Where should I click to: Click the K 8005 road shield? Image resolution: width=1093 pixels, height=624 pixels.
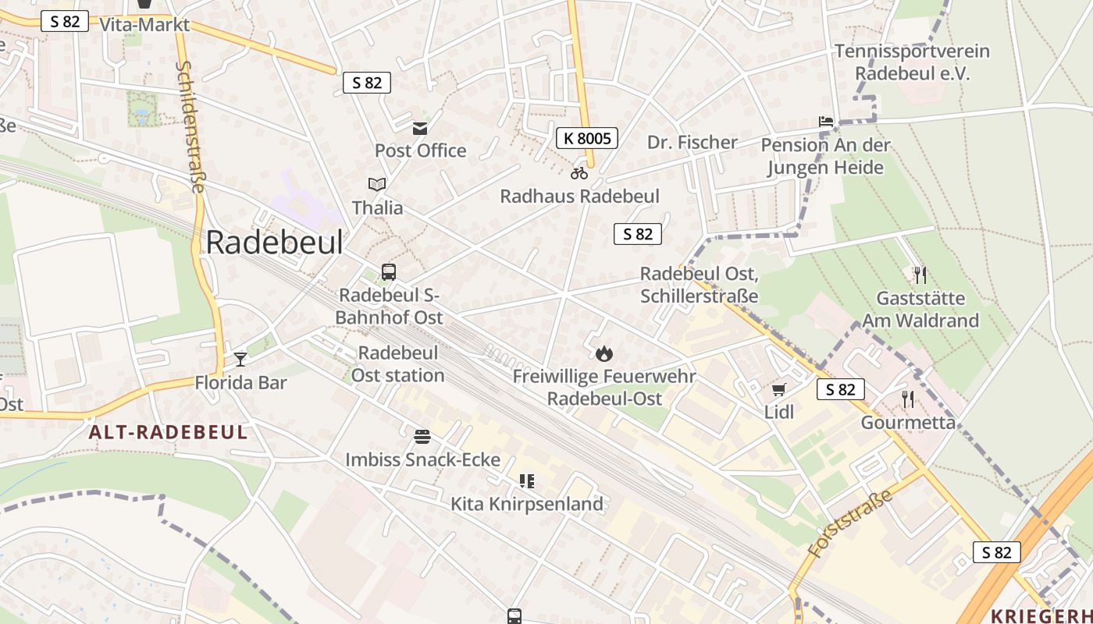pyautogui.click(x=587, y=139)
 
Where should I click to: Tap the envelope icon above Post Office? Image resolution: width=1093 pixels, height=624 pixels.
pyautogui.click(x=421, y=128)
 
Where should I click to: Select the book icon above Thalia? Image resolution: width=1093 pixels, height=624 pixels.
pyautogui.click(x=377, y=185)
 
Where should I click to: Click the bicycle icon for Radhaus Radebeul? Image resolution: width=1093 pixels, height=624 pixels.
pyautogui.click(x=579, y=173)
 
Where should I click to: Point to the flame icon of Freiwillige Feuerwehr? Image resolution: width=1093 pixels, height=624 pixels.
pyautogui.click(x=603, y=354)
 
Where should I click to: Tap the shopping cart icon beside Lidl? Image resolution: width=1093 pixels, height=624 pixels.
pyautogui.click(x=778, y=389)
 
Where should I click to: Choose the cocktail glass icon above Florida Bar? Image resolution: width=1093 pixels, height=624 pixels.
pyautogui.click(x=240, y=359)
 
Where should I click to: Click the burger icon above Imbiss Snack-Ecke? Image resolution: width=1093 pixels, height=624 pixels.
pyautogui.click(x=422, y=436)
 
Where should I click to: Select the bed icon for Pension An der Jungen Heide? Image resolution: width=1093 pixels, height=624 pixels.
pyautogui.click(x=826, y=122)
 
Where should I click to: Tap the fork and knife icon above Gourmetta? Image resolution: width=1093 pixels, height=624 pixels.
pyautogui.click(x=908, y=399)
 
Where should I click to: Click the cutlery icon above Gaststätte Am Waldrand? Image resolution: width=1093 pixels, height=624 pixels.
pyautogui.click(x=920, y=275)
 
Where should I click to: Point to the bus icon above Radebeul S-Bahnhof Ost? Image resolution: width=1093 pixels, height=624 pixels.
pyautogui.click(x=389, y=272)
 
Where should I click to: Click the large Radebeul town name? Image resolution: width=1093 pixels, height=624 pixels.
pyautogui.click(x=274, y=243)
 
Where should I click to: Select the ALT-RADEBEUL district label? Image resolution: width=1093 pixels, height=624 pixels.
pyautogui.click(x=168, y=432)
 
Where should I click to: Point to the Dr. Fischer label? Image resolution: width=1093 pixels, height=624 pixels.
pyautogui.click(x=692, y=142)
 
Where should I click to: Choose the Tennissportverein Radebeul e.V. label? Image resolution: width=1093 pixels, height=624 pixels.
pyautogui.click(x=912, y=62)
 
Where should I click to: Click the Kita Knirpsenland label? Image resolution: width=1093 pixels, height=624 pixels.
pyautogui.click(x=527, y=504)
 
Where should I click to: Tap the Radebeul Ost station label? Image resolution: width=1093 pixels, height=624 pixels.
pyautogui.click(x=397, y=363)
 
